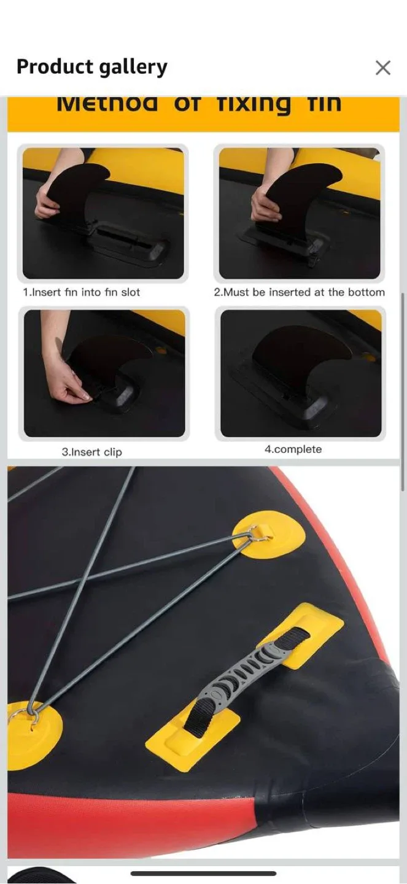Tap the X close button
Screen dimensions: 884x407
[382, 68]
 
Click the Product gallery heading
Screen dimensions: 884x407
[91, 67]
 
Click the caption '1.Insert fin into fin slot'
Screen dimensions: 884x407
[82, 292]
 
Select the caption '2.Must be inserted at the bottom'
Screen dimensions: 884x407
[299, 292]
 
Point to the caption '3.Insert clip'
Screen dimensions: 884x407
[91, 452]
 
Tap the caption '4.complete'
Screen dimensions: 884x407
[293, 449]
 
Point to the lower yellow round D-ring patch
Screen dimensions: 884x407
[31, 734]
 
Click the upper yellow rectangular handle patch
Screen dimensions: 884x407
[301, 635]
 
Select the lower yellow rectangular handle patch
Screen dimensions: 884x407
[192, 737]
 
